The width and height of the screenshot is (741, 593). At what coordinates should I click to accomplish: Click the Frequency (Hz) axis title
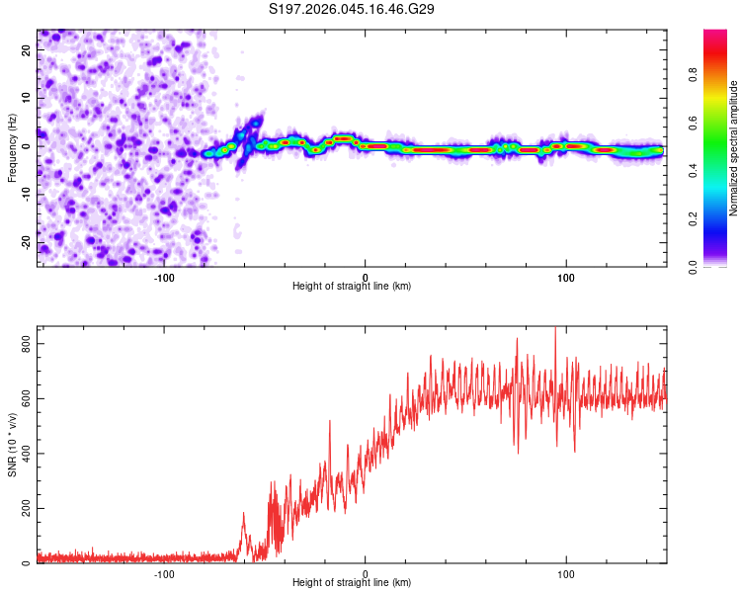(12, 148)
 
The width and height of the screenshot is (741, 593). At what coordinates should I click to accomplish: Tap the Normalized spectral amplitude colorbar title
(734, 148)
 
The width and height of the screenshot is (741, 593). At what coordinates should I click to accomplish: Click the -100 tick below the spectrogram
(164, 276)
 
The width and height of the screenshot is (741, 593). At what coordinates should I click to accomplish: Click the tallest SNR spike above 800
(555, 329)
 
